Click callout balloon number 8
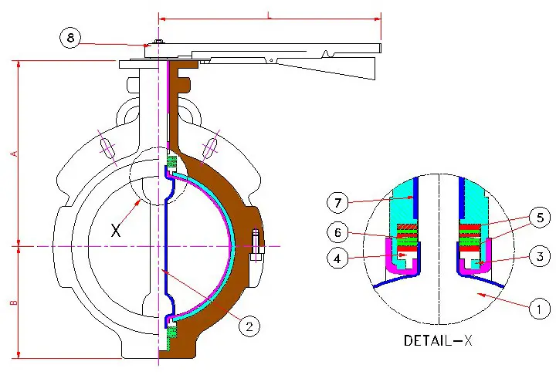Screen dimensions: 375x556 (x=70, y=38)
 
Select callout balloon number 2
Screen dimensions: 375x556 (x=248, y=326)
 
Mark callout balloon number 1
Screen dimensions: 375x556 (x=538, y=310)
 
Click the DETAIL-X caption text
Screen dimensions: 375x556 (x=439, y=340)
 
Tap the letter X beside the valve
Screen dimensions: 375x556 (x=116, y=230)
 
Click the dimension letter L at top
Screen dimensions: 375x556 (x=269, y=14)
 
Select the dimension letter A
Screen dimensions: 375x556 (x=13, y=154)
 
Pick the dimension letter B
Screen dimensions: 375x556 (x=13, y=302)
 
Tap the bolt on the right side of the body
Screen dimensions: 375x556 (x=257, y=242)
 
